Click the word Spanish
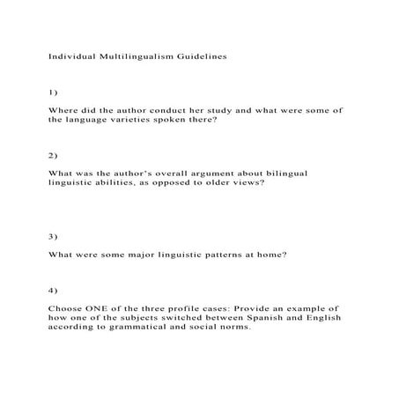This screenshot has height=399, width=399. click(260, 317)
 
